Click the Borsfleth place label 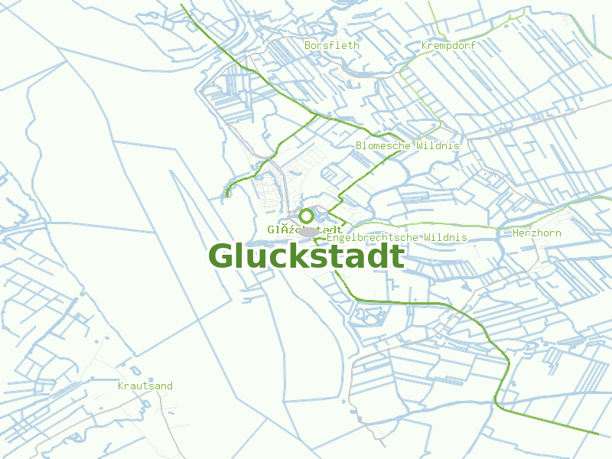click(x=331, y=46)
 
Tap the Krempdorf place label click(x=448, y=46)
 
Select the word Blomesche click(x=383, y=145)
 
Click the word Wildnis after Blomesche click(x=438, y=145)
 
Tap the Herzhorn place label click(x=537, y=233)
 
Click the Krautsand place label click(x=145, y=386)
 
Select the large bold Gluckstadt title click(x=306, y=257)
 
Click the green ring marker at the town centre click(x=306, y=216)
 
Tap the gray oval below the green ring click(x=309, y=231)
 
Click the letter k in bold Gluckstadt click(x=294, y=256)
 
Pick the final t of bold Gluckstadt click(x=398, y=257)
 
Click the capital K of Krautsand click(x=121, y=386)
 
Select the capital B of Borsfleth click(x=308, y=46)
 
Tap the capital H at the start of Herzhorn click(x=516, y=233)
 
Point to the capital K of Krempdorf click(x=425, y=46)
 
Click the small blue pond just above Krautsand click(x=150, y=379)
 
